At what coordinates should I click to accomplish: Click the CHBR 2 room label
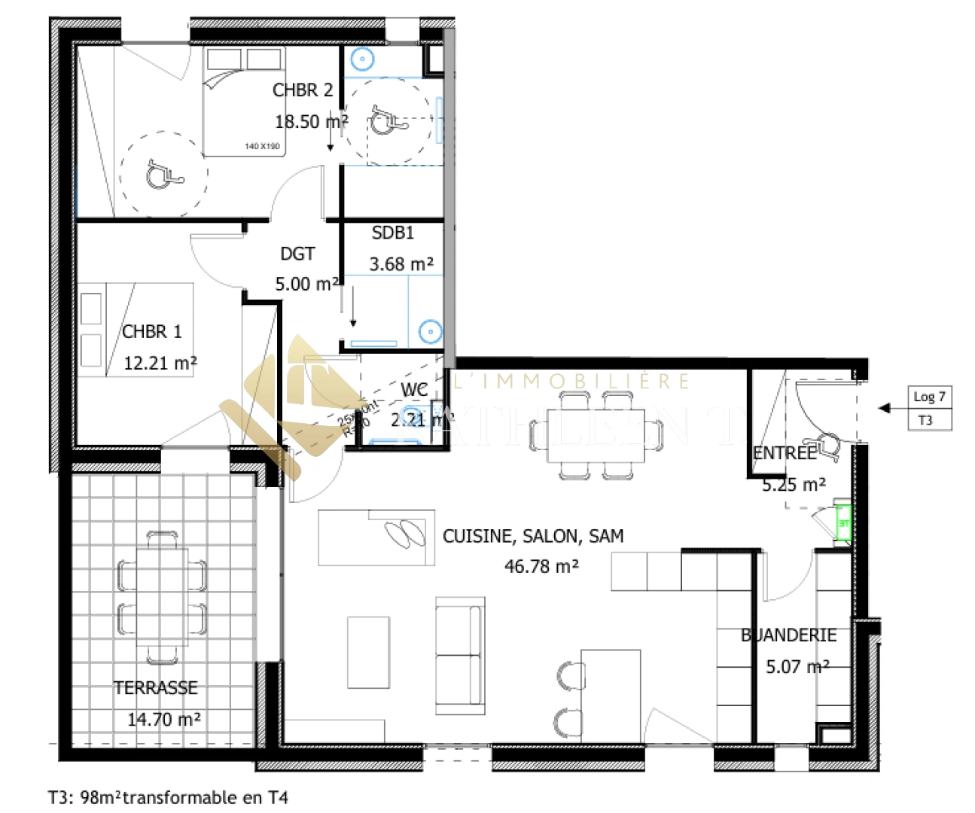point(302,90)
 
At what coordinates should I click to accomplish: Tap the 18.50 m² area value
point(311,122)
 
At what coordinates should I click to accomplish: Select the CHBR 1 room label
point(152,332)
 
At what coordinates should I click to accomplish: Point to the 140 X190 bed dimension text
point(262,146)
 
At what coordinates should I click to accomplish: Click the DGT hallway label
point(297,254)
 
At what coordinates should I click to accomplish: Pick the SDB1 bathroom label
point(393,233)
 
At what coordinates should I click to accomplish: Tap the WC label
point(414,390)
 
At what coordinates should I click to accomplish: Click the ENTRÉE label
point(785,453)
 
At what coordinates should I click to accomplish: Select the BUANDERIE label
point(789,635)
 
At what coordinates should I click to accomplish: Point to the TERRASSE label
point(156,688)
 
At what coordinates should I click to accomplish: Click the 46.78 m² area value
point(541,567)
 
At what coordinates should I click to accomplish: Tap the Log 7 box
point(930,397)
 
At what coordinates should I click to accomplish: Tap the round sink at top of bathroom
point(362,59)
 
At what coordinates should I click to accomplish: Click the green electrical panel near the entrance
point(843,523)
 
